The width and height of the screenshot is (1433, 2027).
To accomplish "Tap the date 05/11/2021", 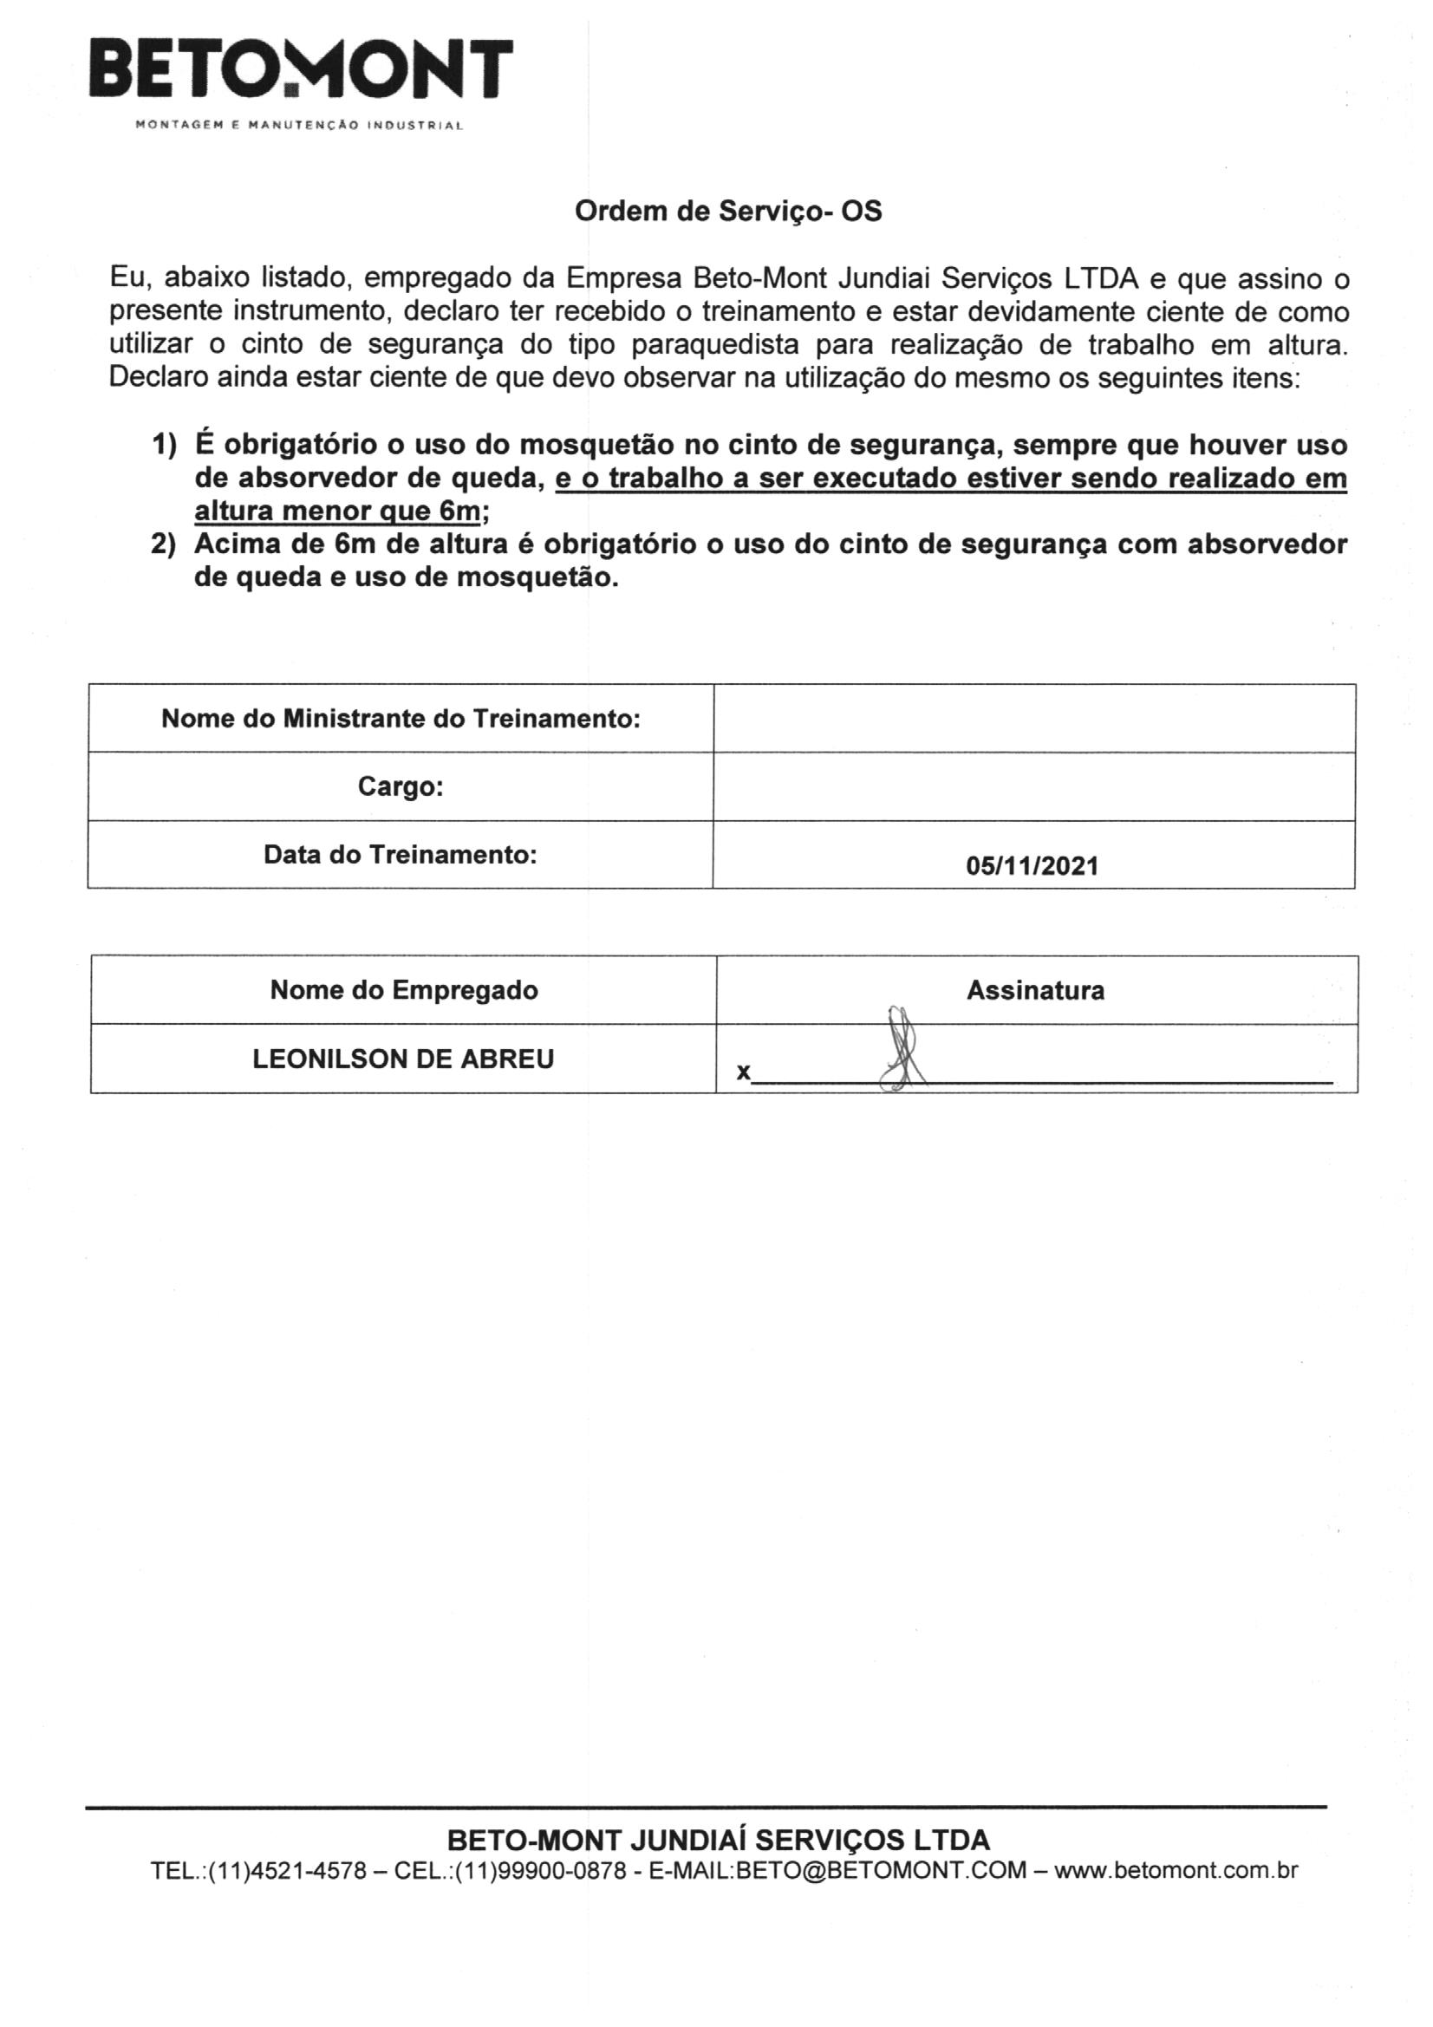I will (x=1032, y=865).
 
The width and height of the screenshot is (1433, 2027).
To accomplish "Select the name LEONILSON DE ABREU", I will (x=402, y=1059).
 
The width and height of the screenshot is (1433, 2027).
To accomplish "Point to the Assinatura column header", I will (x=1035, y=990).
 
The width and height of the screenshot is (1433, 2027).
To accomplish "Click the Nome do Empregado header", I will (x=403, y=990).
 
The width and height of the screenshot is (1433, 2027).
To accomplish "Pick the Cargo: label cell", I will (x=400, y=785).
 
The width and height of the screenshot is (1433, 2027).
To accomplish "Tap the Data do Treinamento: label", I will (x=400, y=855).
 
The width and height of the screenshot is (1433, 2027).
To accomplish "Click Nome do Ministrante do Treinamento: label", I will (x=400, y=718).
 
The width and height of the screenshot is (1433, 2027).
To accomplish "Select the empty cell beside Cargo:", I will (x=1033, y=785).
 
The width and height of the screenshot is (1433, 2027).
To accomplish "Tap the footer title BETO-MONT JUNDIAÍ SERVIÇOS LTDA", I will (x=719, y=1840).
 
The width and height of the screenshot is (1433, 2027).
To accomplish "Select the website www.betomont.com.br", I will (x=1176, y=1870).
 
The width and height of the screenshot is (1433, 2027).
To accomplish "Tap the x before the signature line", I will (x=744, y=1072).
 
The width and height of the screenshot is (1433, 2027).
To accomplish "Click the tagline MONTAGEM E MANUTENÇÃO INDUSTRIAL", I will (x=298, y=126).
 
